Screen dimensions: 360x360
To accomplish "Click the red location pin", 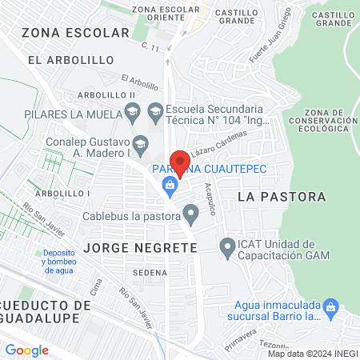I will click(x=181, y=163).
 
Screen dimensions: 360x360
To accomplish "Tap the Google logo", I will click(x=26, y=350).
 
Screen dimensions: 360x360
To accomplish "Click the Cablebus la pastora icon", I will click(x=190, y=214).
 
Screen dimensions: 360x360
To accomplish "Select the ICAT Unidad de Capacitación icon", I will click(x=228, y=250).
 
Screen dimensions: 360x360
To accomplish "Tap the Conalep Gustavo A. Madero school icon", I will click(x=141, y=144).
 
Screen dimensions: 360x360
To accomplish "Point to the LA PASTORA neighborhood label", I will click(x=282, y=196).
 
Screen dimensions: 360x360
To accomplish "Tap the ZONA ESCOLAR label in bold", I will click(x=75, y=33).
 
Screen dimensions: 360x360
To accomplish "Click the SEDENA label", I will click(x=150, y=272).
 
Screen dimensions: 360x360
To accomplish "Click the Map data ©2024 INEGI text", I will click(x=311, y=354).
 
